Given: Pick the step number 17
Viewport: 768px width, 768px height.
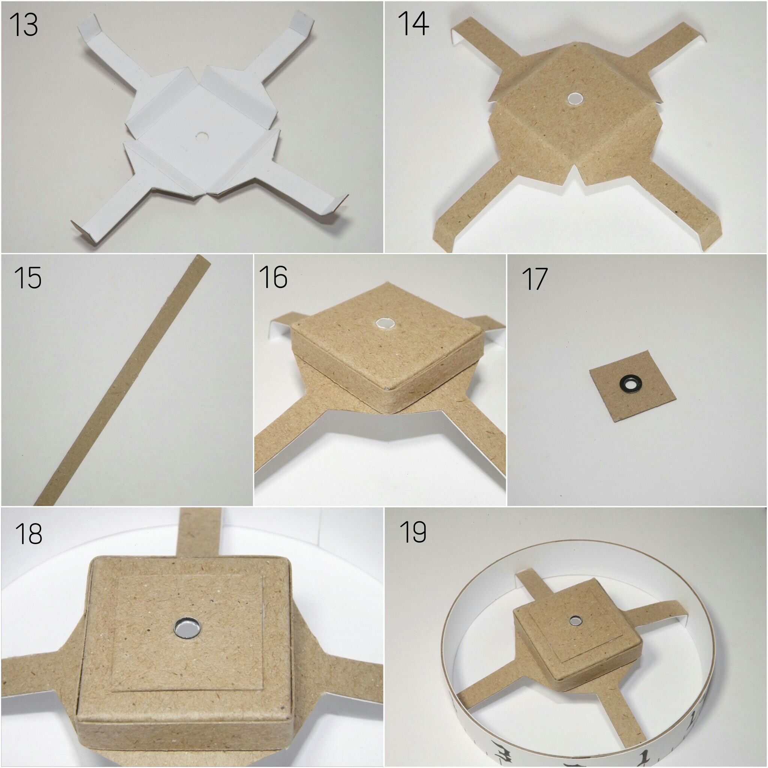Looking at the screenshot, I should click(535, 279).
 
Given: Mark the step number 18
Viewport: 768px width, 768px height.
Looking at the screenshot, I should click(28, 534).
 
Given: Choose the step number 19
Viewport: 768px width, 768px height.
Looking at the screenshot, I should click(413, 531).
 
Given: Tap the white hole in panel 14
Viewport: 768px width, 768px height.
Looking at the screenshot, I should click(573, 99).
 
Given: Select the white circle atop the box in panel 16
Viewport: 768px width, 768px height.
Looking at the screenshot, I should click(384, 324).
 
